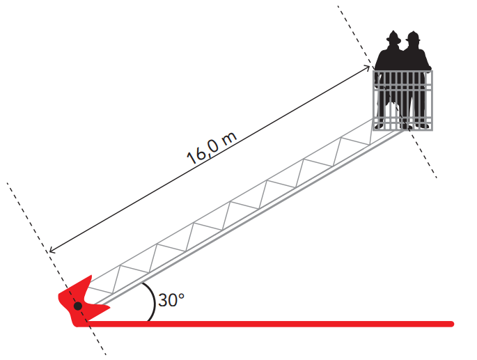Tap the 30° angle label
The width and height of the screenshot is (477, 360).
click(171, 301)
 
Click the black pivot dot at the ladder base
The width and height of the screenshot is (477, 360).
click(78, 305)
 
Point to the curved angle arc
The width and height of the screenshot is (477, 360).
click(153, 304)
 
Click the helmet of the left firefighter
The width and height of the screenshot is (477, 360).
click(393, 36)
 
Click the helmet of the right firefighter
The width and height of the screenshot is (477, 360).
click(414, 36)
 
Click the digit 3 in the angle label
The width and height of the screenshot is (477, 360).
click(163, 301)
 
